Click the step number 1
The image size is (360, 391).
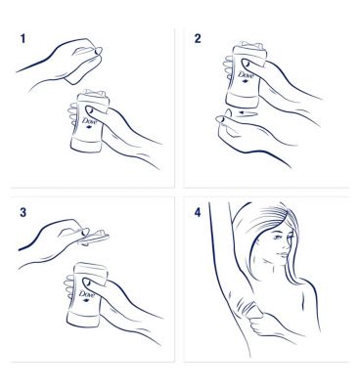click(22, 39)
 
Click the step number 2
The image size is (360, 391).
click(198, 39)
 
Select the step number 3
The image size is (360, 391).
click(22, 212)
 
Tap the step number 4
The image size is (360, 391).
click(198, 212)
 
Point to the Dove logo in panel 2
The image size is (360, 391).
click(244, 76)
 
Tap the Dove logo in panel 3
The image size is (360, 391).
click(86, 295)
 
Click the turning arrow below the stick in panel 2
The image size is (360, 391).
click(247, 113)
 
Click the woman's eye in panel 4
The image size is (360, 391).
click(277, 237)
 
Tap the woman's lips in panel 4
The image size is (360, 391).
click(284, 255)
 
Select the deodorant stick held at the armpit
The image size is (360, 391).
click(253, 310)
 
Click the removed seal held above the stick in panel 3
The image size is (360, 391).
click(94, 237)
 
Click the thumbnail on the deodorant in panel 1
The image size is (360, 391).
click(90, 109)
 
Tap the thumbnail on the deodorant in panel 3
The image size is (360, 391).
click(87, 282)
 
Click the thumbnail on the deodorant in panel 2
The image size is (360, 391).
click(246, 64)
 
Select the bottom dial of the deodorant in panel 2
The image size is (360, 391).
click(243, 100)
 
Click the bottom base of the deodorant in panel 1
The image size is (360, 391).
click(86, 145)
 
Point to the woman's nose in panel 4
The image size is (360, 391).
click(290, 244)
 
